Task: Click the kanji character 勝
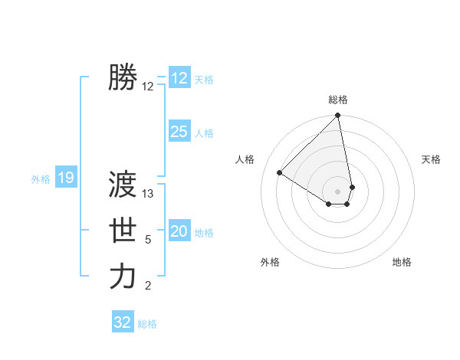tap(123, 77)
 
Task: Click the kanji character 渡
tap(123, 185)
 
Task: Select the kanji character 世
tap(123, 231)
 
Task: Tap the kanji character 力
tap(123, 277)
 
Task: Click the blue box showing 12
tap(179, 77)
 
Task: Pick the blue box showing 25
tap(179, 132)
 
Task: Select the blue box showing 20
tap(179, 231)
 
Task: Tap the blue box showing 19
tap(66, 178)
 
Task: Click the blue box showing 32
tap(123, 322)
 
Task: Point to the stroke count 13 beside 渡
tap(148, 194)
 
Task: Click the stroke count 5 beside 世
tap(148, 240)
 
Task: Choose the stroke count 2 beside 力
tap(148, 286)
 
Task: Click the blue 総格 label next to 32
tap(147, 324)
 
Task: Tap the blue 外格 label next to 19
tap(41, 179)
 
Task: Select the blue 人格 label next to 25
tap(204, 133)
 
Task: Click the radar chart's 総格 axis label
tap(338, 100)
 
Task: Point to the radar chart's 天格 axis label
tap(431, 159)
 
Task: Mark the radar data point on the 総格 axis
tap(338, 116)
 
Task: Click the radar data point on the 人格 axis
tap(280, 172)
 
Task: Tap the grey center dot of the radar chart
tap(338, 191)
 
